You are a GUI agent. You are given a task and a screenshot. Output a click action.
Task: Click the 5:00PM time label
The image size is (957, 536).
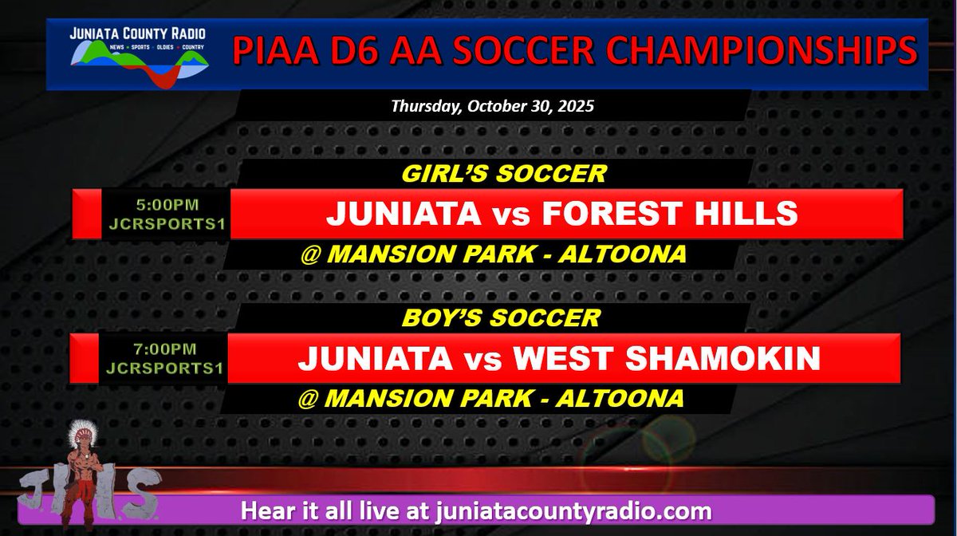pyautogui.click(x=166, y=205)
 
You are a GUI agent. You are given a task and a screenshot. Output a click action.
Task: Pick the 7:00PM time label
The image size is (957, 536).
pyautogui.click(x=165, y=349)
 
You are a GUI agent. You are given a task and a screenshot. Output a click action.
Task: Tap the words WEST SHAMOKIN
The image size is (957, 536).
pyautogui.click(x=667, y=358)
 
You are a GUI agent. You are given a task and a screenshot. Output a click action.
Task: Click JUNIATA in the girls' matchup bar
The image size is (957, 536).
pyautogui.click(x=391, y=214)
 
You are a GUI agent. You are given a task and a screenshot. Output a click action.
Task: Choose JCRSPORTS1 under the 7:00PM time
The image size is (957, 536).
pyautogui.click(x=165, y=368)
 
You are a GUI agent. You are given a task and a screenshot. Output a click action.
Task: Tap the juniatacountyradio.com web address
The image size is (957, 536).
pyautogui.click(x=573, y=510)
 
